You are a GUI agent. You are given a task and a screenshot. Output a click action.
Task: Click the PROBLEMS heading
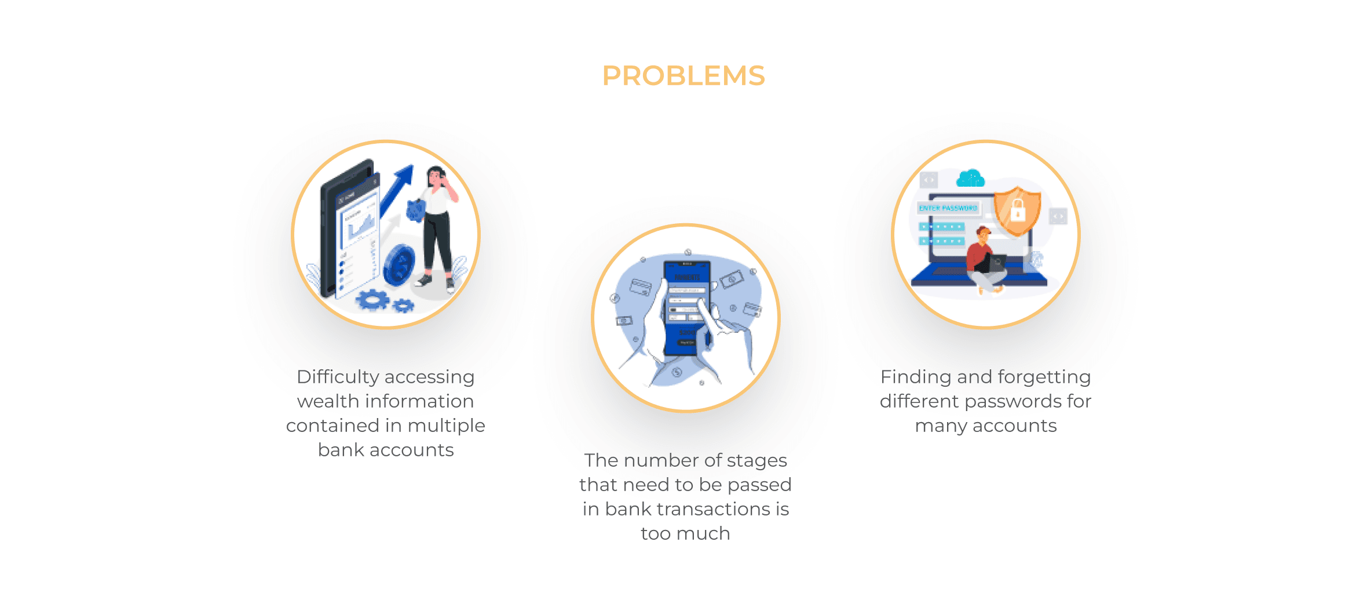pyautogui.click(x=684, y=76)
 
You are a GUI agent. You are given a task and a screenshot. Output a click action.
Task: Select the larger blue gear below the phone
pyautogui.click(x=372, y=300)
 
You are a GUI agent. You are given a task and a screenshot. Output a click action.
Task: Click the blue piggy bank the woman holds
pyautogui.click(x=416, y=210)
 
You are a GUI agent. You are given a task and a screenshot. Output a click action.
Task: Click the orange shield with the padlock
pyautogui.click(x=1017, y=210)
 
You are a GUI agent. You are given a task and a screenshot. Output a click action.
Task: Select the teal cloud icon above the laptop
pyautogui.click(x=970, y=178)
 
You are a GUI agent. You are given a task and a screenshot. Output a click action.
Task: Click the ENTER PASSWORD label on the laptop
pyautogui.click(x=948, y=208)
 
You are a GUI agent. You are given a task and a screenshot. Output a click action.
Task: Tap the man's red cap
pyautogui.click(x=984, y=231)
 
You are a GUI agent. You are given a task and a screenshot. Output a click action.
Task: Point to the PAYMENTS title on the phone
pyautogui.click(x=687, y=278)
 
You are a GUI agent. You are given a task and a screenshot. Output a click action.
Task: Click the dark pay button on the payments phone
pyautogui.click(x=687, y=343)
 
